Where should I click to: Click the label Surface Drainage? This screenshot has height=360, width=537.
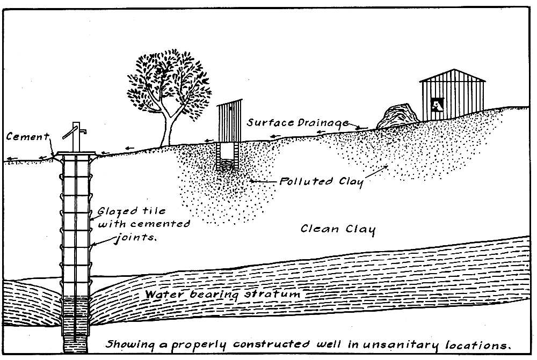pos(300,122)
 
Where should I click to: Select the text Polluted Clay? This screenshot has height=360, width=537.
pos(321,181)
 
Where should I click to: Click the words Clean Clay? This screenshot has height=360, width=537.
pos(337,229)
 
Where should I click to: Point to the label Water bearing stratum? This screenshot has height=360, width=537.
pos(222,295)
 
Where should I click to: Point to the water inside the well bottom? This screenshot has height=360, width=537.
pos(75,322)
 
